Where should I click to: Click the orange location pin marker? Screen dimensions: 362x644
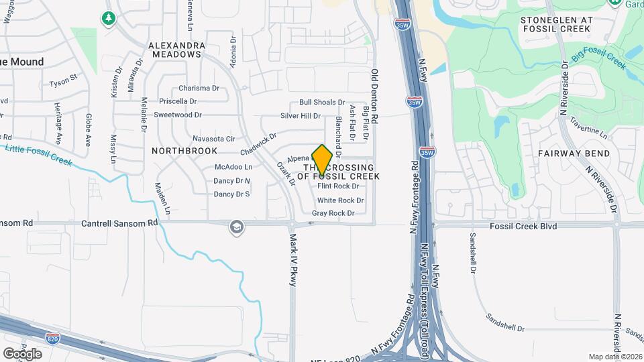322,160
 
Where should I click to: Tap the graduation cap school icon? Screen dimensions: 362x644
235,227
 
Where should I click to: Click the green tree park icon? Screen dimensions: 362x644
108,17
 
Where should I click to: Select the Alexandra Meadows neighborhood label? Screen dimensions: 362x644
176,51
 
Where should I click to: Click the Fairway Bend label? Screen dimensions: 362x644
574,154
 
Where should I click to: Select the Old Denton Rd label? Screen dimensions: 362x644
375,95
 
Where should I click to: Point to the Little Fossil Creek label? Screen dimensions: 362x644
38,154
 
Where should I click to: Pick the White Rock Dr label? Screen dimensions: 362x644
340,200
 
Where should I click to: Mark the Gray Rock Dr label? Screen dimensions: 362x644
333,213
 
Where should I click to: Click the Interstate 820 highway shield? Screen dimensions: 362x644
52,337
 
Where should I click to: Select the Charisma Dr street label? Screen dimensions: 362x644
199,88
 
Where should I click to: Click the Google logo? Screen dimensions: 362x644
22,353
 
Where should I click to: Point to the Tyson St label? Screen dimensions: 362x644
64,84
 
